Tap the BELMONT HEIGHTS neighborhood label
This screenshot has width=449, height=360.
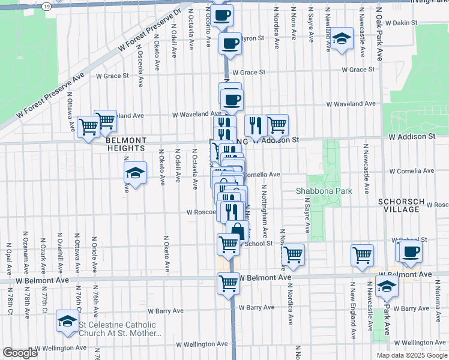[126, 144]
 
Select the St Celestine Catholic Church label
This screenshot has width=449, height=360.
[117, 329]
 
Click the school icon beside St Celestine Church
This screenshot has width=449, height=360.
[67, 321]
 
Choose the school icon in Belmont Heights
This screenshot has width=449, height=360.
[135, 173]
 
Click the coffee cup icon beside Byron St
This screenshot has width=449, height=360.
[229, 43]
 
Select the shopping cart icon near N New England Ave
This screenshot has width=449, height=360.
[362, 254]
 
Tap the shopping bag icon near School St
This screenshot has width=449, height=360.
[238, 230]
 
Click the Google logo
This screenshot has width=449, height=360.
[20, 353]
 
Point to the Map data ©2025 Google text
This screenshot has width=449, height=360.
[411, 355]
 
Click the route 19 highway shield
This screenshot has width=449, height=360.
[47, 5]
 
